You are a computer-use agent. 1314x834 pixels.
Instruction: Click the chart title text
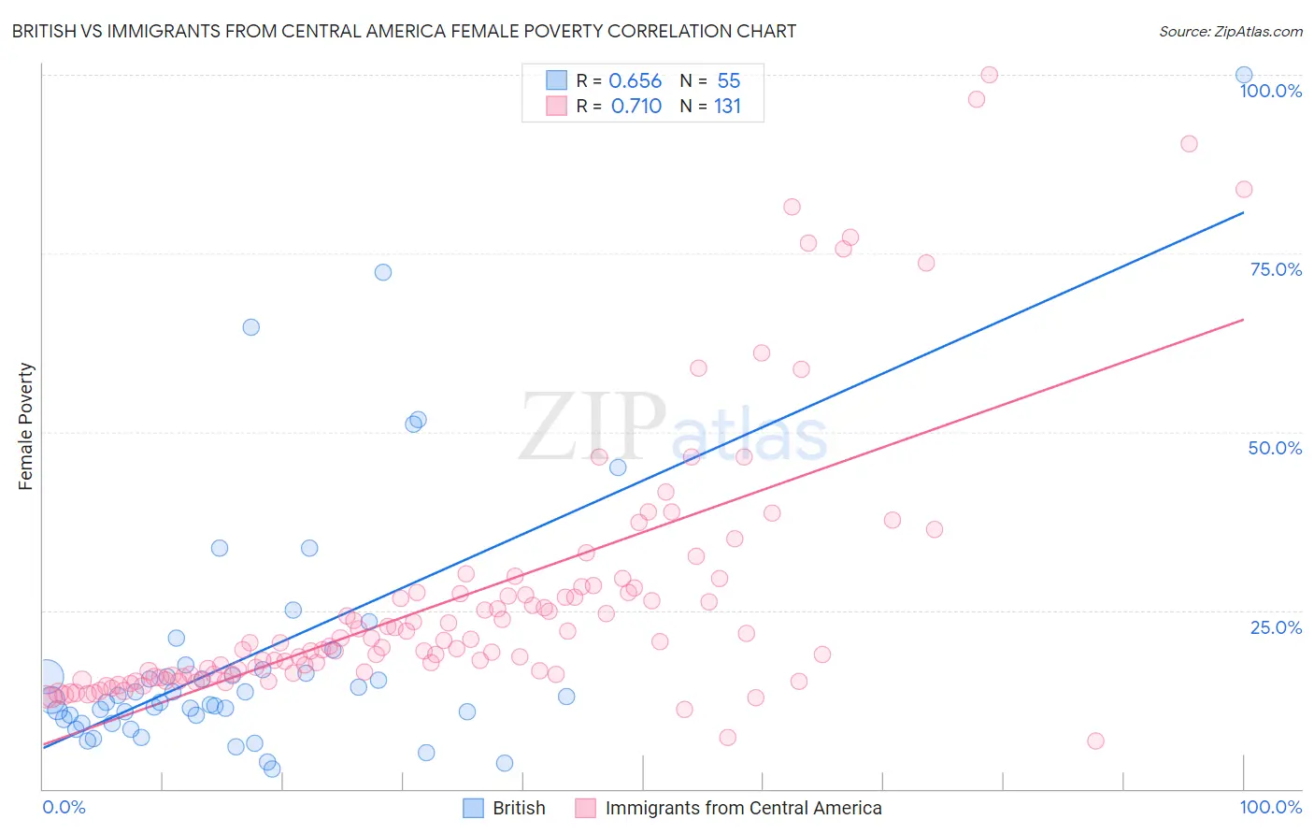(x=404, y=31)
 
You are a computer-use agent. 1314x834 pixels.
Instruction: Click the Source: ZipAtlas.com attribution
(x=1230, y=31)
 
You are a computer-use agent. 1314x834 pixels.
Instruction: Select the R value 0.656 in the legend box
(x=635, y=80)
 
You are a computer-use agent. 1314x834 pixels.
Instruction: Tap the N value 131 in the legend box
(x=727, y=106)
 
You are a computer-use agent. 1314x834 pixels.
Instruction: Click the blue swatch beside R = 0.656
(x=556, y=80)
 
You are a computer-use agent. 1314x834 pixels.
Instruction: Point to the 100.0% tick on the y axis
(x=1270, y=91)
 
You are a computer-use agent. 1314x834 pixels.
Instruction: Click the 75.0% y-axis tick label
(x=1275, y=269)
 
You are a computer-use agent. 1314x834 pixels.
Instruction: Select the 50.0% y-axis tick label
(x=1274, y=448)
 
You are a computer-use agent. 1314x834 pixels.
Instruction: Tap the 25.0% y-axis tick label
(x=1275, y=627)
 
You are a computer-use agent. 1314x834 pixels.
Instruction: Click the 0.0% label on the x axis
(x=64, y=807)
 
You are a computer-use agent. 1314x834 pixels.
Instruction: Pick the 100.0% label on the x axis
(x=1270, y=807)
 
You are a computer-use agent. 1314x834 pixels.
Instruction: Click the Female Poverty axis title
(x=25, y=426)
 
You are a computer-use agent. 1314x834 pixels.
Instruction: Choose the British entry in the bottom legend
(x=519, y=808)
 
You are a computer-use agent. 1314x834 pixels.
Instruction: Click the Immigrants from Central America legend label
(x=743, y=808)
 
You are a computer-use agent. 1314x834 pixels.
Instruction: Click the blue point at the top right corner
(x=1243, y=75)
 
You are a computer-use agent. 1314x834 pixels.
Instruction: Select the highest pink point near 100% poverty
(x=989, y=75)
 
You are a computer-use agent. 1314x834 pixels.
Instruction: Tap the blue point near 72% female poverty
(x=382, y=272)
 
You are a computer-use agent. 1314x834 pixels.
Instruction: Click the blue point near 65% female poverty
(x=250, y=327)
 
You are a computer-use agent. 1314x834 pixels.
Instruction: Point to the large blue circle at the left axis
(x=48, y=676)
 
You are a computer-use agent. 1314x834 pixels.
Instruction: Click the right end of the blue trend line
(x=1243, y=212)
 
